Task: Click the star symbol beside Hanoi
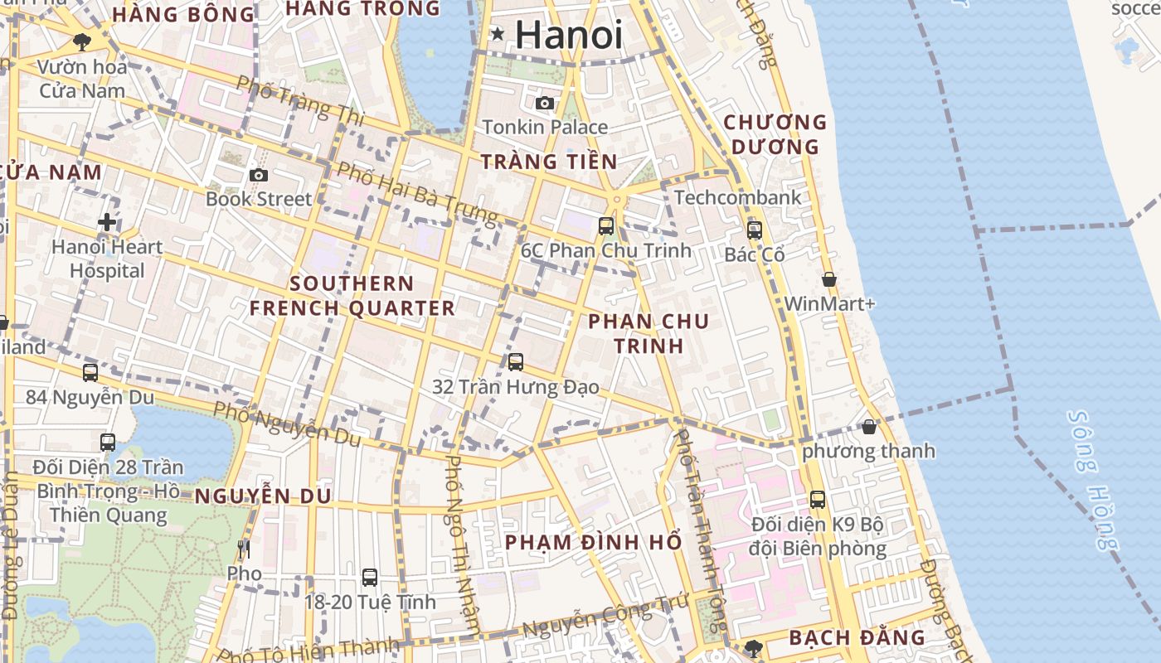coord(498,34)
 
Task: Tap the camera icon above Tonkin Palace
coord(545,103)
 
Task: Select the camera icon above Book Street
coord(259,175)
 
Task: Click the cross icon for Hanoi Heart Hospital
coord(107,222)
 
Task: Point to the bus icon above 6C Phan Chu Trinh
coord(606,225)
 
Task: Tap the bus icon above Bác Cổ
coord(754,230)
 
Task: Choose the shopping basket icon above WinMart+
coord(828,280)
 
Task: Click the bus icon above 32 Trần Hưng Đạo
coord(516,362)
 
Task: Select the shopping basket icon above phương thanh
coord(868,427)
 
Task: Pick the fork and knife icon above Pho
coord(244,549)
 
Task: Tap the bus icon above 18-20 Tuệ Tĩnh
coord(370,577)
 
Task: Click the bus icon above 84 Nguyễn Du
coord(90,373)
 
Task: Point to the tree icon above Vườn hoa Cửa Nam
coord(81,41)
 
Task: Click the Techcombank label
coord(738,198)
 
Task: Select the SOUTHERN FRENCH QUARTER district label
coord(352,296)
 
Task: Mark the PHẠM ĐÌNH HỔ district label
coord(593,543)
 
